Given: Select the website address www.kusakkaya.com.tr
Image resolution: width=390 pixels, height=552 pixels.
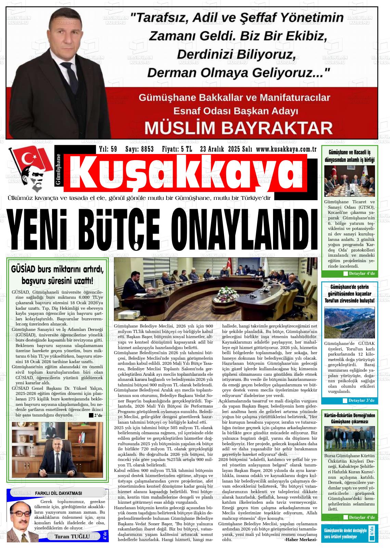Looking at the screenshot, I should tap(286, 149).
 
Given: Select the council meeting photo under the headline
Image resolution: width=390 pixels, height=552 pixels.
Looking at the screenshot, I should tap(216, 290).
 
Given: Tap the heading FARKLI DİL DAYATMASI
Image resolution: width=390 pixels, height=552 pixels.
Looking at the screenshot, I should tap(58, 493).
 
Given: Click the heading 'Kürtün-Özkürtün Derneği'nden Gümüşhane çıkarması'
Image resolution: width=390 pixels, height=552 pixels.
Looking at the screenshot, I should tap(349, 419).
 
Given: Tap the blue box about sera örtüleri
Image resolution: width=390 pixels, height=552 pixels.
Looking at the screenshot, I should tap(349, 533).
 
